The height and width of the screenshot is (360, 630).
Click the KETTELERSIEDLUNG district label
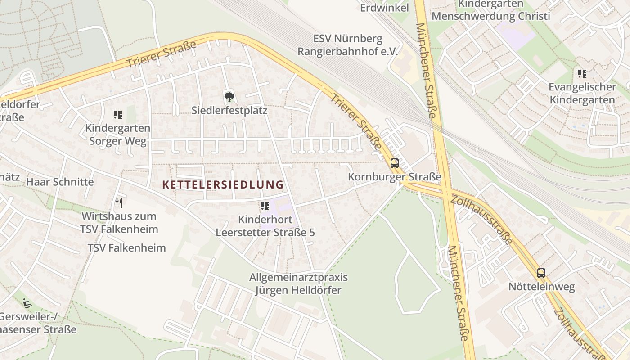click(x=223, y=184)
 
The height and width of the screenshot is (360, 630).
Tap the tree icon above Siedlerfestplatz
click(x=229, y=96)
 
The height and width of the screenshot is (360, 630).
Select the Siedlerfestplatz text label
click(x=229, y=110)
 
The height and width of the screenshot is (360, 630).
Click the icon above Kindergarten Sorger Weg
click(x=118, y=115)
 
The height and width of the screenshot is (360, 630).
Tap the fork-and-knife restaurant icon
click(x=119, y=203)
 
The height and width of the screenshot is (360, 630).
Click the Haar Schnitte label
click(x=60, y=182)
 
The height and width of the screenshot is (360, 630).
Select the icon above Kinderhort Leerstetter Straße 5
click(x=265, y=206)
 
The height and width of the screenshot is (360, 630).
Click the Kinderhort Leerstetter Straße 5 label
click(x=265, y=226)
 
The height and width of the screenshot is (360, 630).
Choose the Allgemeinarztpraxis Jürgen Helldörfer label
click(x=298, y=283)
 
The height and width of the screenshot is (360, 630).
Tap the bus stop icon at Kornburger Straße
click(x=395, y=163)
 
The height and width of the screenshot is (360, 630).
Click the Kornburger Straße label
click(x=395, y=177)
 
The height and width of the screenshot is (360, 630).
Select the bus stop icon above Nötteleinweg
click(x=541, y=273)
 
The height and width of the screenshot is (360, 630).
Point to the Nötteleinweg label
click(x=541, y=287)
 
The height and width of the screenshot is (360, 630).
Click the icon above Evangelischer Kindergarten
click(x=582, y=73)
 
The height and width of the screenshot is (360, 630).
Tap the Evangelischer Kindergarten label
click(x=582, y=93)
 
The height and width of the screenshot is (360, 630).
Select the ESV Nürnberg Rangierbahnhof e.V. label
click(x=348, y=45)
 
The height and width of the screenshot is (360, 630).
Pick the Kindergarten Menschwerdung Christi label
click(x=490, y=10)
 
